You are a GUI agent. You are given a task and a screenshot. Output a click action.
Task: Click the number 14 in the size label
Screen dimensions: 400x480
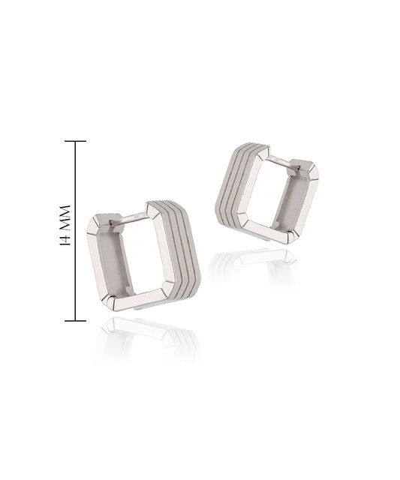(65, 239)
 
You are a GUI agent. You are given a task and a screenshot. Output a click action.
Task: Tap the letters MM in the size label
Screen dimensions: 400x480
(65, 217)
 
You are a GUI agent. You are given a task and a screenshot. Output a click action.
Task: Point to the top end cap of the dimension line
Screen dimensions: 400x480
(75, 141)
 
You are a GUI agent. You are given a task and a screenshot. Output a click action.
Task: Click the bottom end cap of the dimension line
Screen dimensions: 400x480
(75, 320)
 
